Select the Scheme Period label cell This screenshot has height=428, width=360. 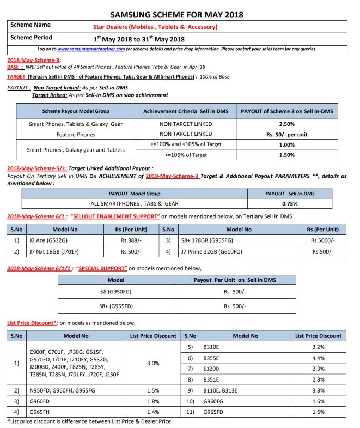[x=32, y=38]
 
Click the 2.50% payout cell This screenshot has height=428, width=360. [x=286, y=124]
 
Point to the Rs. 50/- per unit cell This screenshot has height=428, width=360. [x=286, y=134]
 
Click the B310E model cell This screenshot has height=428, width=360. [x=210, y=347]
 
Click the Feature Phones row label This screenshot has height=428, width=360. [x=76, y=134]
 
